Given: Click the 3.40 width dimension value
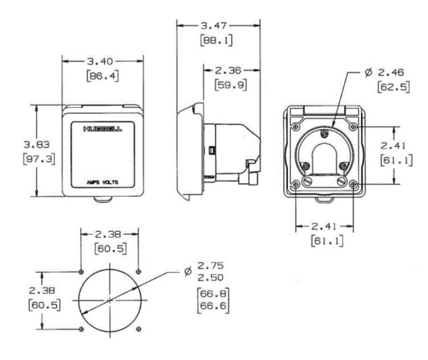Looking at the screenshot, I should click(x=102, y=61).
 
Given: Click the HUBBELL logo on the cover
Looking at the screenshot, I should click(x=102, y=129).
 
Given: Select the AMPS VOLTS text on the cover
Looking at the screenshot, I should click(x=102, y=183).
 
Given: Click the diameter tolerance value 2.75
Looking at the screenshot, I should click(x=210, y=266).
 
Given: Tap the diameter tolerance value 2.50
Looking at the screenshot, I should click(x=210, y=277).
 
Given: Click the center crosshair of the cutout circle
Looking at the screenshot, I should click(x=109, y=299).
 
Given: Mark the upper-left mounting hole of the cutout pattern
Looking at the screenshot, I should click(x=82, y=270).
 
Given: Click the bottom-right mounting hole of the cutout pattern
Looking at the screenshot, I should click(x=139, y=329).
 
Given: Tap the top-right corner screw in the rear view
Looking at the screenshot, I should click(x=355, y=125).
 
